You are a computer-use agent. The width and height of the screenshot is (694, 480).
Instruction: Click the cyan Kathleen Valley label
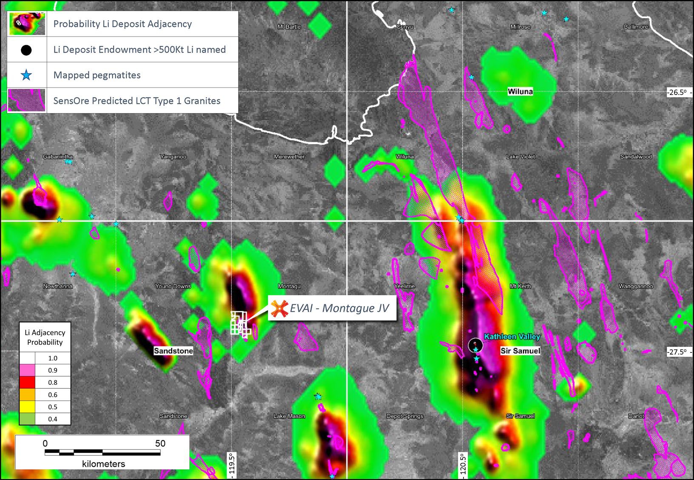point(512,337)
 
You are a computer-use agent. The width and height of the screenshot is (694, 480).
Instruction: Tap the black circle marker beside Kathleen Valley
point(475,345)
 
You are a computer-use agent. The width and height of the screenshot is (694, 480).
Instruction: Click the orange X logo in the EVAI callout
point(279,308)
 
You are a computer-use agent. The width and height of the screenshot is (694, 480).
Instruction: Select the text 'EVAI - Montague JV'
point(339,308)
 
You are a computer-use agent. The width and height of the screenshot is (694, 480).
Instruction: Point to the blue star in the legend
point(26,75)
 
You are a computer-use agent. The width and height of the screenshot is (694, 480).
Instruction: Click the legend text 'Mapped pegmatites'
point(97,75)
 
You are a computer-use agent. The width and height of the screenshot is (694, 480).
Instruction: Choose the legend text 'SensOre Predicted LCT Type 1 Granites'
point(137,101)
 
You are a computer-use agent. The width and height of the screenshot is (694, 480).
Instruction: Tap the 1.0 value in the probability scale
point(53,358)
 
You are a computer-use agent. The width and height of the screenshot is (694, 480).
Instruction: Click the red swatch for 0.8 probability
point(27,382)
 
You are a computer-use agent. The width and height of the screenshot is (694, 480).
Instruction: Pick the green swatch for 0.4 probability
point(27,419)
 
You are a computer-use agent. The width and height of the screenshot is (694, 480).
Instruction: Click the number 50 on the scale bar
point(160,443)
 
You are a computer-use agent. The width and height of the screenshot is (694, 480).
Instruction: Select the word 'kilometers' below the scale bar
point(103,464)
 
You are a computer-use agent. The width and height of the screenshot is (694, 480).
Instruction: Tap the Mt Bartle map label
point(289,27)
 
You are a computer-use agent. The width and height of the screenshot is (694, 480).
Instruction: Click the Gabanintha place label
point(58,157)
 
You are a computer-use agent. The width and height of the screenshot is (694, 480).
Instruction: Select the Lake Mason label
point(289,416)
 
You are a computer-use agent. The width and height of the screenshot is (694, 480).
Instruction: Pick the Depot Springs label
point(405,416)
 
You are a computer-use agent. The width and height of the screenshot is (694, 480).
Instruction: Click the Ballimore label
point(636,27)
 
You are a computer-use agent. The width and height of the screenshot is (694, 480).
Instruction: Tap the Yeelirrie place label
point(404,286)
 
